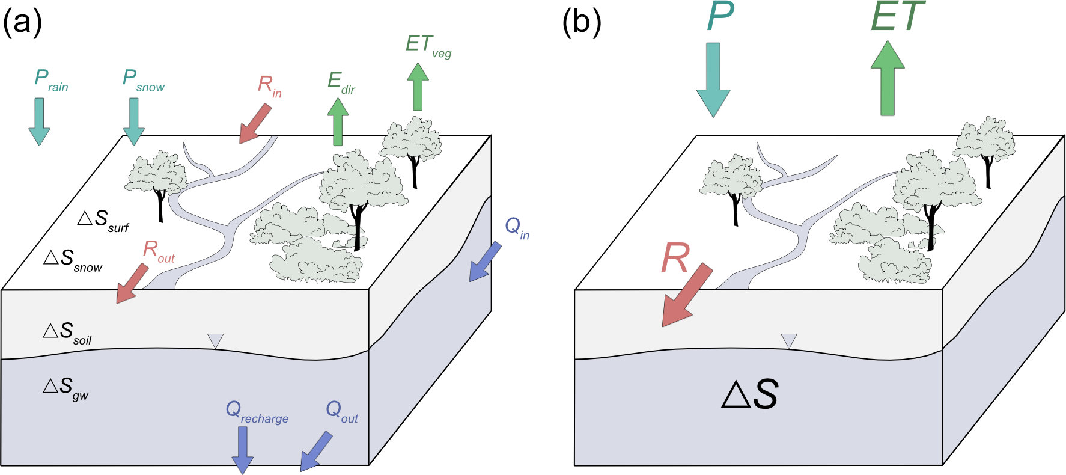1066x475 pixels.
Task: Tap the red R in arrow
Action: pyautogui.click(x=255, y=123)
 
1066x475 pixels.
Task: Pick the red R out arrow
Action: pyautogui.click(x=132, y=283)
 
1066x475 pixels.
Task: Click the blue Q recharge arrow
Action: pyautogui.click(x=242, y=450)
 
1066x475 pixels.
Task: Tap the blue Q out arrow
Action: pyautogui.click(x=316, y=452)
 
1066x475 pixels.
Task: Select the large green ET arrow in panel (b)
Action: pyautogui.click(x=888, y=78)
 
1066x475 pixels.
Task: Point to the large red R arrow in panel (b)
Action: pyautogui.click(x=687, y=295)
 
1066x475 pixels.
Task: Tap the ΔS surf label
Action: pyautogui.click(x=103, y=220)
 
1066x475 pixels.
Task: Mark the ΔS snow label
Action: pyautogui.click(x=73, y=260)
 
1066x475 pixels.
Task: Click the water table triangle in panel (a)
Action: pyautogui.click(x=215, y=341)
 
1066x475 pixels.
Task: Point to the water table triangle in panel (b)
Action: pyautogui.click(x=788, y=341)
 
